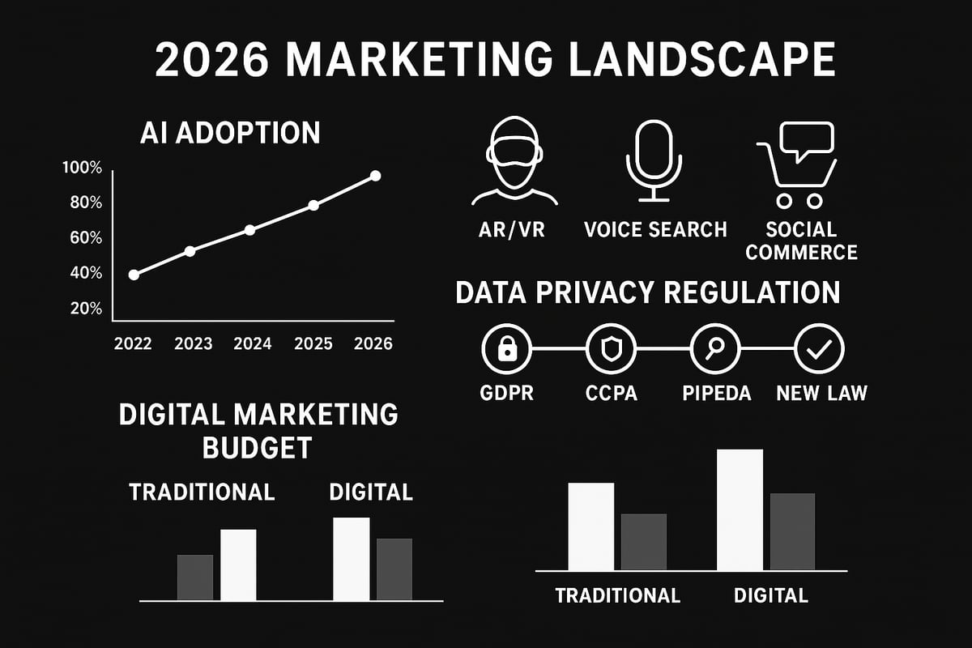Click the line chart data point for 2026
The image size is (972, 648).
(x=375, y=176)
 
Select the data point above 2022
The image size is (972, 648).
(x=134, y=275)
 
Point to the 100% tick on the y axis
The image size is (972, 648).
(x=82, y=168)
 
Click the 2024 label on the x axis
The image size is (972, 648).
(x=252, y=343)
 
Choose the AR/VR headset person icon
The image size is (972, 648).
(x=514, y=163)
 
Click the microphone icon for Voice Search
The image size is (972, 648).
(x=649, y=160)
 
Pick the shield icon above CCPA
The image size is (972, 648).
(x=612, y=349)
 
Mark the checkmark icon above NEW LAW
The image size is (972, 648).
(x=820, y=349)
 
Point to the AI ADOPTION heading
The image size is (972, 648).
(x=229, y=133)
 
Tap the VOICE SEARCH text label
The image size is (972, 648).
(x=655, y=229)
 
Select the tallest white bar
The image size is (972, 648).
(x=740, y=509)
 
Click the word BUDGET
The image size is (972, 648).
(x=258, y=447)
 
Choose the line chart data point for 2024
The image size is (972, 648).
(x=249, y=230)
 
